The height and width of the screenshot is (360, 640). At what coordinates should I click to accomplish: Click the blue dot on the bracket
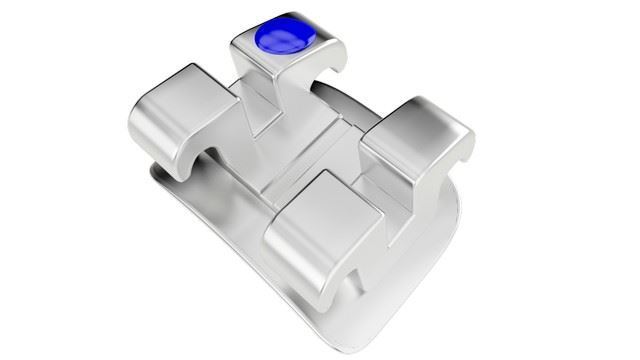click(285, 40)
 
